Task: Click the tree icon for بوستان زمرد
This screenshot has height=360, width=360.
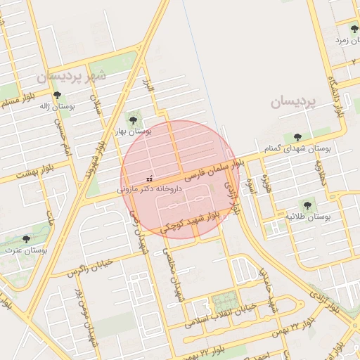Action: point(354,29)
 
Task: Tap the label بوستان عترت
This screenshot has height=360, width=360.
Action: point(25,250)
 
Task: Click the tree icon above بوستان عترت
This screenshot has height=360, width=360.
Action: point(27,239)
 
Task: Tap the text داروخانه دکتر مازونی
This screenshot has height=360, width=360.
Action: point(149,189)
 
